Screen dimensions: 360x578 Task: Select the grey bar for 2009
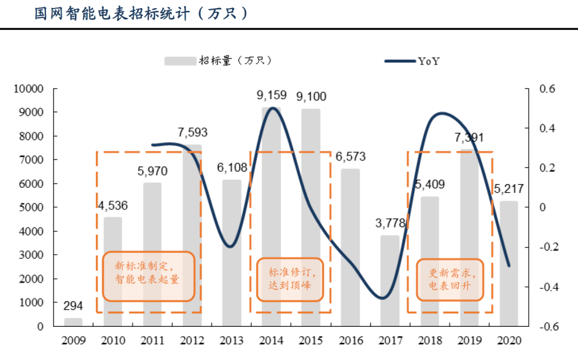point(73,321)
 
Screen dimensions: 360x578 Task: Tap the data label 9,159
point(271,96)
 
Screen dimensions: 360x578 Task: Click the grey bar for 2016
point(351,247)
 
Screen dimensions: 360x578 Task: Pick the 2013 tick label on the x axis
point(232,341)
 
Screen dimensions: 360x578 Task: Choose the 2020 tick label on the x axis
point(509,341)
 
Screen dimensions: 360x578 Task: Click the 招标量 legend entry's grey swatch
point(180,61)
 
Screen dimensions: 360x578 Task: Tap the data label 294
point(73,306)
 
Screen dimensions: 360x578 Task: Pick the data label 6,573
point(351,157)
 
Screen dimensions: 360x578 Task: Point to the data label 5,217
point(508,189)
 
